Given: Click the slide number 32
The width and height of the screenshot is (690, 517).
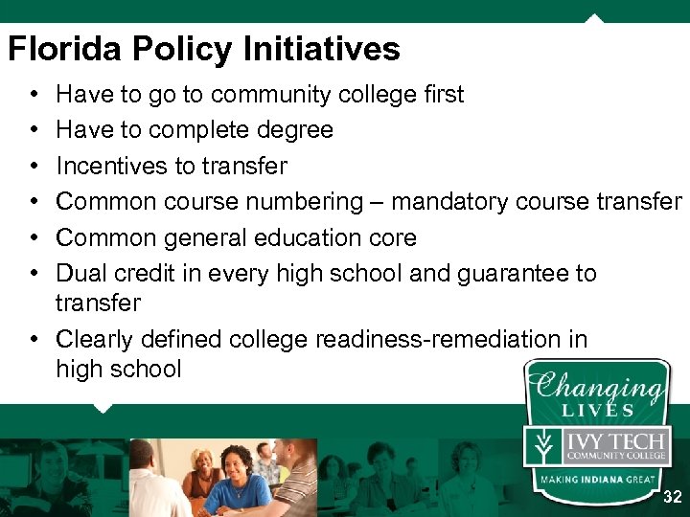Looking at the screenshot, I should pyautogui.click(x=673, y=497).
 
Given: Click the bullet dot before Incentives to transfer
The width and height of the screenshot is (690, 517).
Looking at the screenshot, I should pyautogui.click(x=34, y=166).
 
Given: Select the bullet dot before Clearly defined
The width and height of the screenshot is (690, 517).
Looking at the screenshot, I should pyautogui.click(x=34, y=339).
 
